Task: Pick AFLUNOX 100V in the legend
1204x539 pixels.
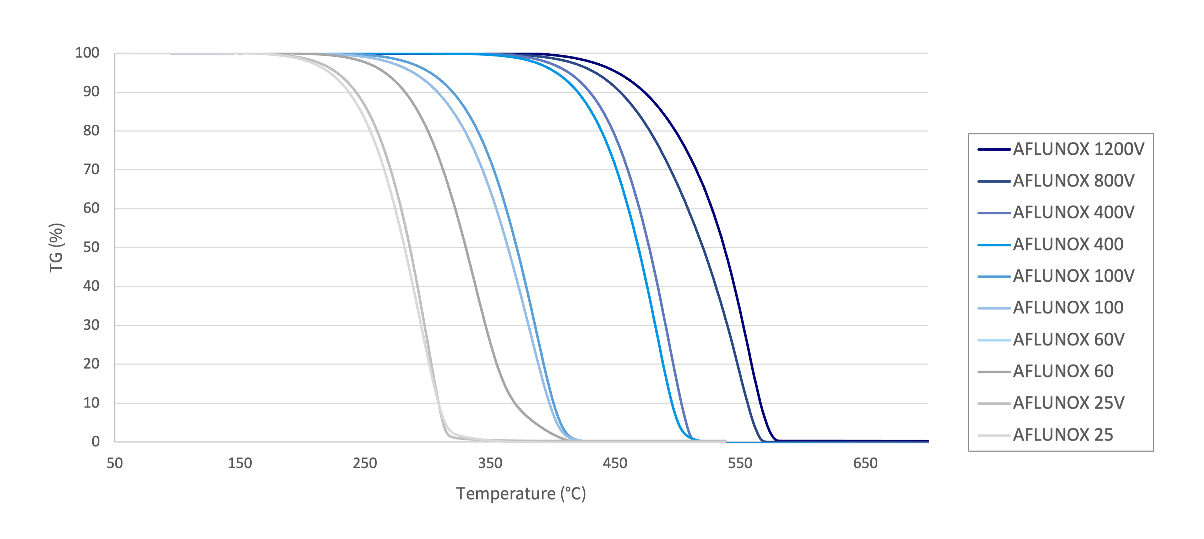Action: [x=1073, y=276]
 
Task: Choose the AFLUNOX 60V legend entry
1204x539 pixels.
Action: [x=1068, y=340]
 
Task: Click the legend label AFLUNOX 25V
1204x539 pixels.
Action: [x=1068, y=403]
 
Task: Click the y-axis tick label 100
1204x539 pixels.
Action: [x=87, y=53]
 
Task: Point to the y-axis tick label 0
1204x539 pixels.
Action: [x=96, y=442]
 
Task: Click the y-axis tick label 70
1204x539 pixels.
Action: [x=91, y=169]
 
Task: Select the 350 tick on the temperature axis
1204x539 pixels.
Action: [x=490, y=463]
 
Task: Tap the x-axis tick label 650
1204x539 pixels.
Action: [x=865, y=463]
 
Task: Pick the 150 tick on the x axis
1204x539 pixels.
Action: [x=240, y=463]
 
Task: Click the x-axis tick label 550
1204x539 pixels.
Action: [x=740, y=463]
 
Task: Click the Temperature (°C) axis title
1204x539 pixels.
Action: [x=521, y=494]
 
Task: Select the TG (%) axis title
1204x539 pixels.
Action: [x=56, y=248]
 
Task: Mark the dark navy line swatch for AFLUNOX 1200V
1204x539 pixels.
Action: [x=994, y=150]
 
